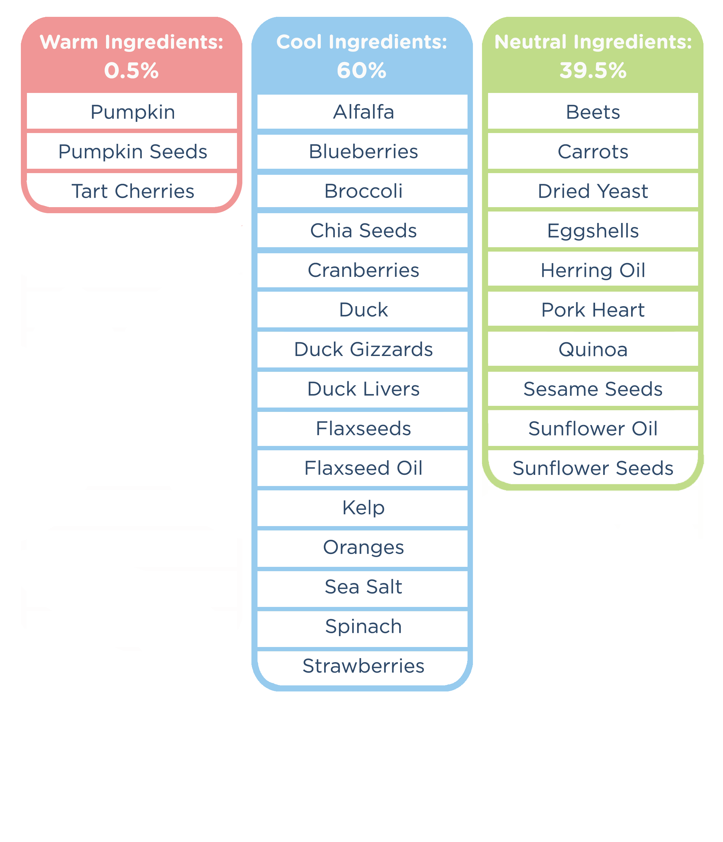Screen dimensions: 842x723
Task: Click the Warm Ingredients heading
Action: [132, 42]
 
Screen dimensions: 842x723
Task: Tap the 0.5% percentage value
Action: [132, 71]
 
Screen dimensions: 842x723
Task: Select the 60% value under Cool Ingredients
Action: [361, 71]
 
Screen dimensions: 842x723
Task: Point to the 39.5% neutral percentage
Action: [593, 71]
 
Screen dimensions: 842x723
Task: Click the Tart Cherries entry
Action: [133, 191]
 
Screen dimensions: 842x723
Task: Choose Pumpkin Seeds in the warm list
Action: [133, 152]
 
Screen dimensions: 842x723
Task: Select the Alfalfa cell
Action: [363, 112]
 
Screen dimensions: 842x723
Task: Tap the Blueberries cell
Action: [363, 152]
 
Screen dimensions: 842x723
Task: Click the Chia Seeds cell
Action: [363, 231]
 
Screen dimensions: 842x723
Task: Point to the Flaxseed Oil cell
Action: [363, 468]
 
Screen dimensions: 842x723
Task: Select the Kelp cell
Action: [363, 508]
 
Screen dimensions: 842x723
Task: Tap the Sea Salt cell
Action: [363, 587]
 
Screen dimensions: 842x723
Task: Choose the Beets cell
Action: [593, 112]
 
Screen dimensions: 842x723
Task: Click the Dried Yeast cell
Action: [593, 191]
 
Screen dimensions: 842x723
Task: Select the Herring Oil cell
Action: [593, 270]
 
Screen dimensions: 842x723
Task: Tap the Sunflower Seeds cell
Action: [593, 468]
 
